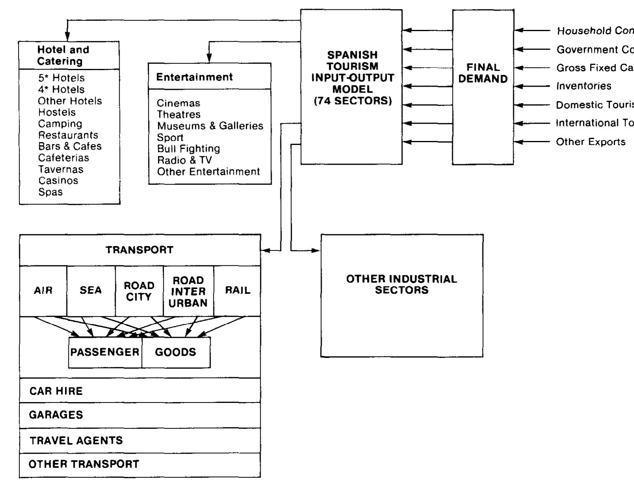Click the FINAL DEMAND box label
[483, 73]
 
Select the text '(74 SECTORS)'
[353, 101]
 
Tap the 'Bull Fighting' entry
[188, 148]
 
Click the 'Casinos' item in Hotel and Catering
[58, 181]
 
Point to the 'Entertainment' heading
[195, 77]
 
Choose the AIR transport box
[43, 291]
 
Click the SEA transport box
[91, 291]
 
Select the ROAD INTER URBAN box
[188, 292]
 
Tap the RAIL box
[237, 291]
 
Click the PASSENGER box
[105, 352]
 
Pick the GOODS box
[176, 352]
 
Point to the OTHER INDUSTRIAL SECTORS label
[402, 284]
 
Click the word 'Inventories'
[584, 86]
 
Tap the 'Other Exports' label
[591, 142]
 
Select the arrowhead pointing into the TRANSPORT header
[265, 250]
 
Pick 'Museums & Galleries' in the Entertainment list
[210, 126]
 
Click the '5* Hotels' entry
[61, 78]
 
